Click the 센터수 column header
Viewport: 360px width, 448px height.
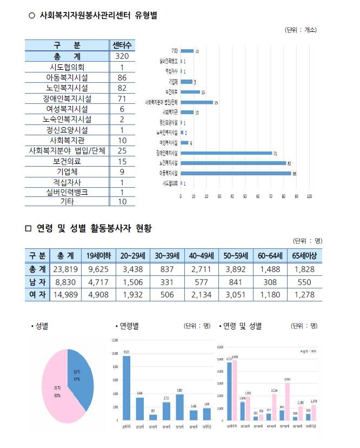coord(122,45)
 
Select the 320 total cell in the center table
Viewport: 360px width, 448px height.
coord(122,56)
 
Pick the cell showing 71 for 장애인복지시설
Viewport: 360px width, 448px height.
coord(122,98)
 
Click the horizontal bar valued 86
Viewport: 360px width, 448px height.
coord(236,173)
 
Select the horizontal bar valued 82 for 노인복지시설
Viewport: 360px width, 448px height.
coord(233,163)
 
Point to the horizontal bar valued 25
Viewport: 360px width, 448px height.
coord(196,102)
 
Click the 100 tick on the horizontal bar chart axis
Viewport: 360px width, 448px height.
coord(309,196)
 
